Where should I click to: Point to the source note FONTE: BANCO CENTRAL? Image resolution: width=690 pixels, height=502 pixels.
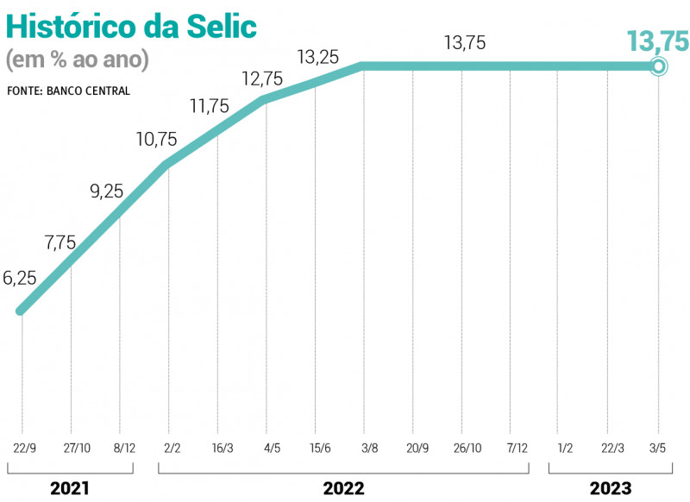coord(69,91)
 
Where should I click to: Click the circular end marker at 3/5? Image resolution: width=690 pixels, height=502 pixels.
coord(658,66)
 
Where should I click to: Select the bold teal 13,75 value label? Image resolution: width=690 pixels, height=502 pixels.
coord(657,40)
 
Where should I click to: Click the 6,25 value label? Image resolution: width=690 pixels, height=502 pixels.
coord(20,278)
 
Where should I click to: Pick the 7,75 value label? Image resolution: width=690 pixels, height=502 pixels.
coord(60,242)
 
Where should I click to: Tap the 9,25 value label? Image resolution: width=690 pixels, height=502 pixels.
coord(107,191)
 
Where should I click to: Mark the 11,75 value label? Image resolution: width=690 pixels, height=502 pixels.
coord(210,106)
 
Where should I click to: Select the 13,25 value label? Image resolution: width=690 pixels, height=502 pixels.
coord(317,57)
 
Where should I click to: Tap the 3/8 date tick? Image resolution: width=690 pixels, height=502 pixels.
coord(364,449)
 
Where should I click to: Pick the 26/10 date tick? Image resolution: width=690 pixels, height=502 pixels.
coord(462,449)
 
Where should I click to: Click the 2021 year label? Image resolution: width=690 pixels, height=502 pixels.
coord(70,488)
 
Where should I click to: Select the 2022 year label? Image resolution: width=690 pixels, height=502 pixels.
coord(343,488)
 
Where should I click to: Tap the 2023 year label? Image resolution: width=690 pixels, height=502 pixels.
coord(611,488)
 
